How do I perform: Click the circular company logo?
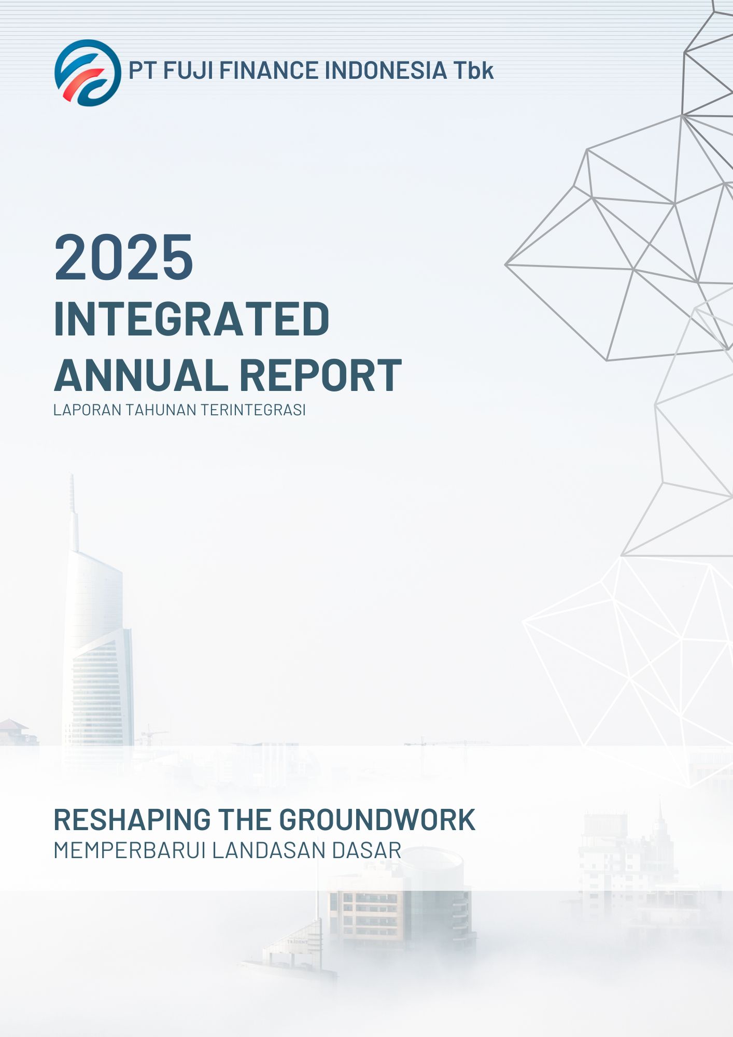pos(88,73)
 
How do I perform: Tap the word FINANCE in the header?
pos(269,71)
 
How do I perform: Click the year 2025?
pos(124,257)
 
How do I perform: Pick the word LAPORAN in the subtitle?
pos(88,410)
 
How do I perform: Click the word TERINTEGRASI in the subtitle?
pos(253,410)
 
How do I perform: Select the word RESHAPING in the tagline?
pos(132,820)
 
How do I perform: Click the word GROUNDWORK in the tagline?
pos(377,820)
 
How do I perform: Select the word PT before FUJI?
pos(143,71)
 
